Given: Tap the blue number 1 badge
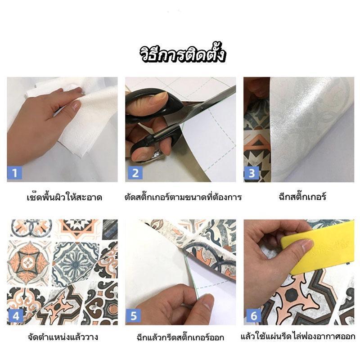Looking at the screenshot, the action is point(15,173).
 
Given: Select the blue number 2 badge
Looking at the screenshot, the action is point(135,173).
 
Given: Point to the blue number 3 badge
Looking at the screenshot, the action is point(252,173).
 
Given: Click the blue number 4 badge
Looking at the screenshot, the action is point(15,316).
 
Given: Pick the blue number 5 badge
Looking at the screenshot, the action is point(133,316).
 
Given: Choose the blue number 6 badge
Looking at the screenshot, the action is point(254,316).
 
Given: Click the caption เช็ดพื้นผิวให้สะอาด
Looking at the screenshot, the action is point(64,197).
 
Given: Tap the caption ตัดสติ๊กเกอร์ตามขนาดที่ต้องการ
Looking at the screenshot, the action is point(183,197).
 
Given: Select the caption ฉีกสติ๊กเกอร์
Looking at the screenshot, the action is point(302,197).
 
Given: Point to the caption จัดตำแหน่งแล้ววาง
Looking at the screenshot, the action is point(63,337).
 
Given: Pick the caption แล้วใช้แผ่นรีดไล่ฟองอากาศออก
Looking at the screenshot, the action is point(298,337).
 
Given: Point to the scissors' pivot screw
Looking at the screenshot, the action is point(202,108).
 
